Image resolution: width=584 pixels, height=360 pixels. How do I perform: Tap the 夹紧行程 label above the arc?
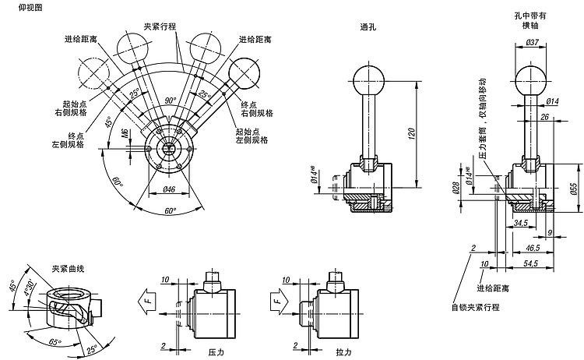point(160,26)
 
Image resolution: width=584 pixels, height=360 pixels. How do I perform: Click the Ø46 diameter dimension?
point(170,189)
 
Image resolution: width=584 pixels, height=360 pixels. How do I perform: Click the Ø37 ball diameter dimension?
point(533,41)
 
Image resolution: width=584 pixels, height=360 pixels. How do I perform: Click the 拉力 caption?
point(343,352)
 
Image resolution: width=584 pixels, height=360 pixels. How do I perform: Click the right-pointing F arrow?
point(280,298)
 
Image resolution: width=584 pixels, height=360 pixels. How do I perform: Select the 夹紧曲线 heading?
point(69,268)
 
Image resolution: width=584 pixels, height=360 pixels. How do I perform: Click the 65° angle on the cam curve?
point(55,341)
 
